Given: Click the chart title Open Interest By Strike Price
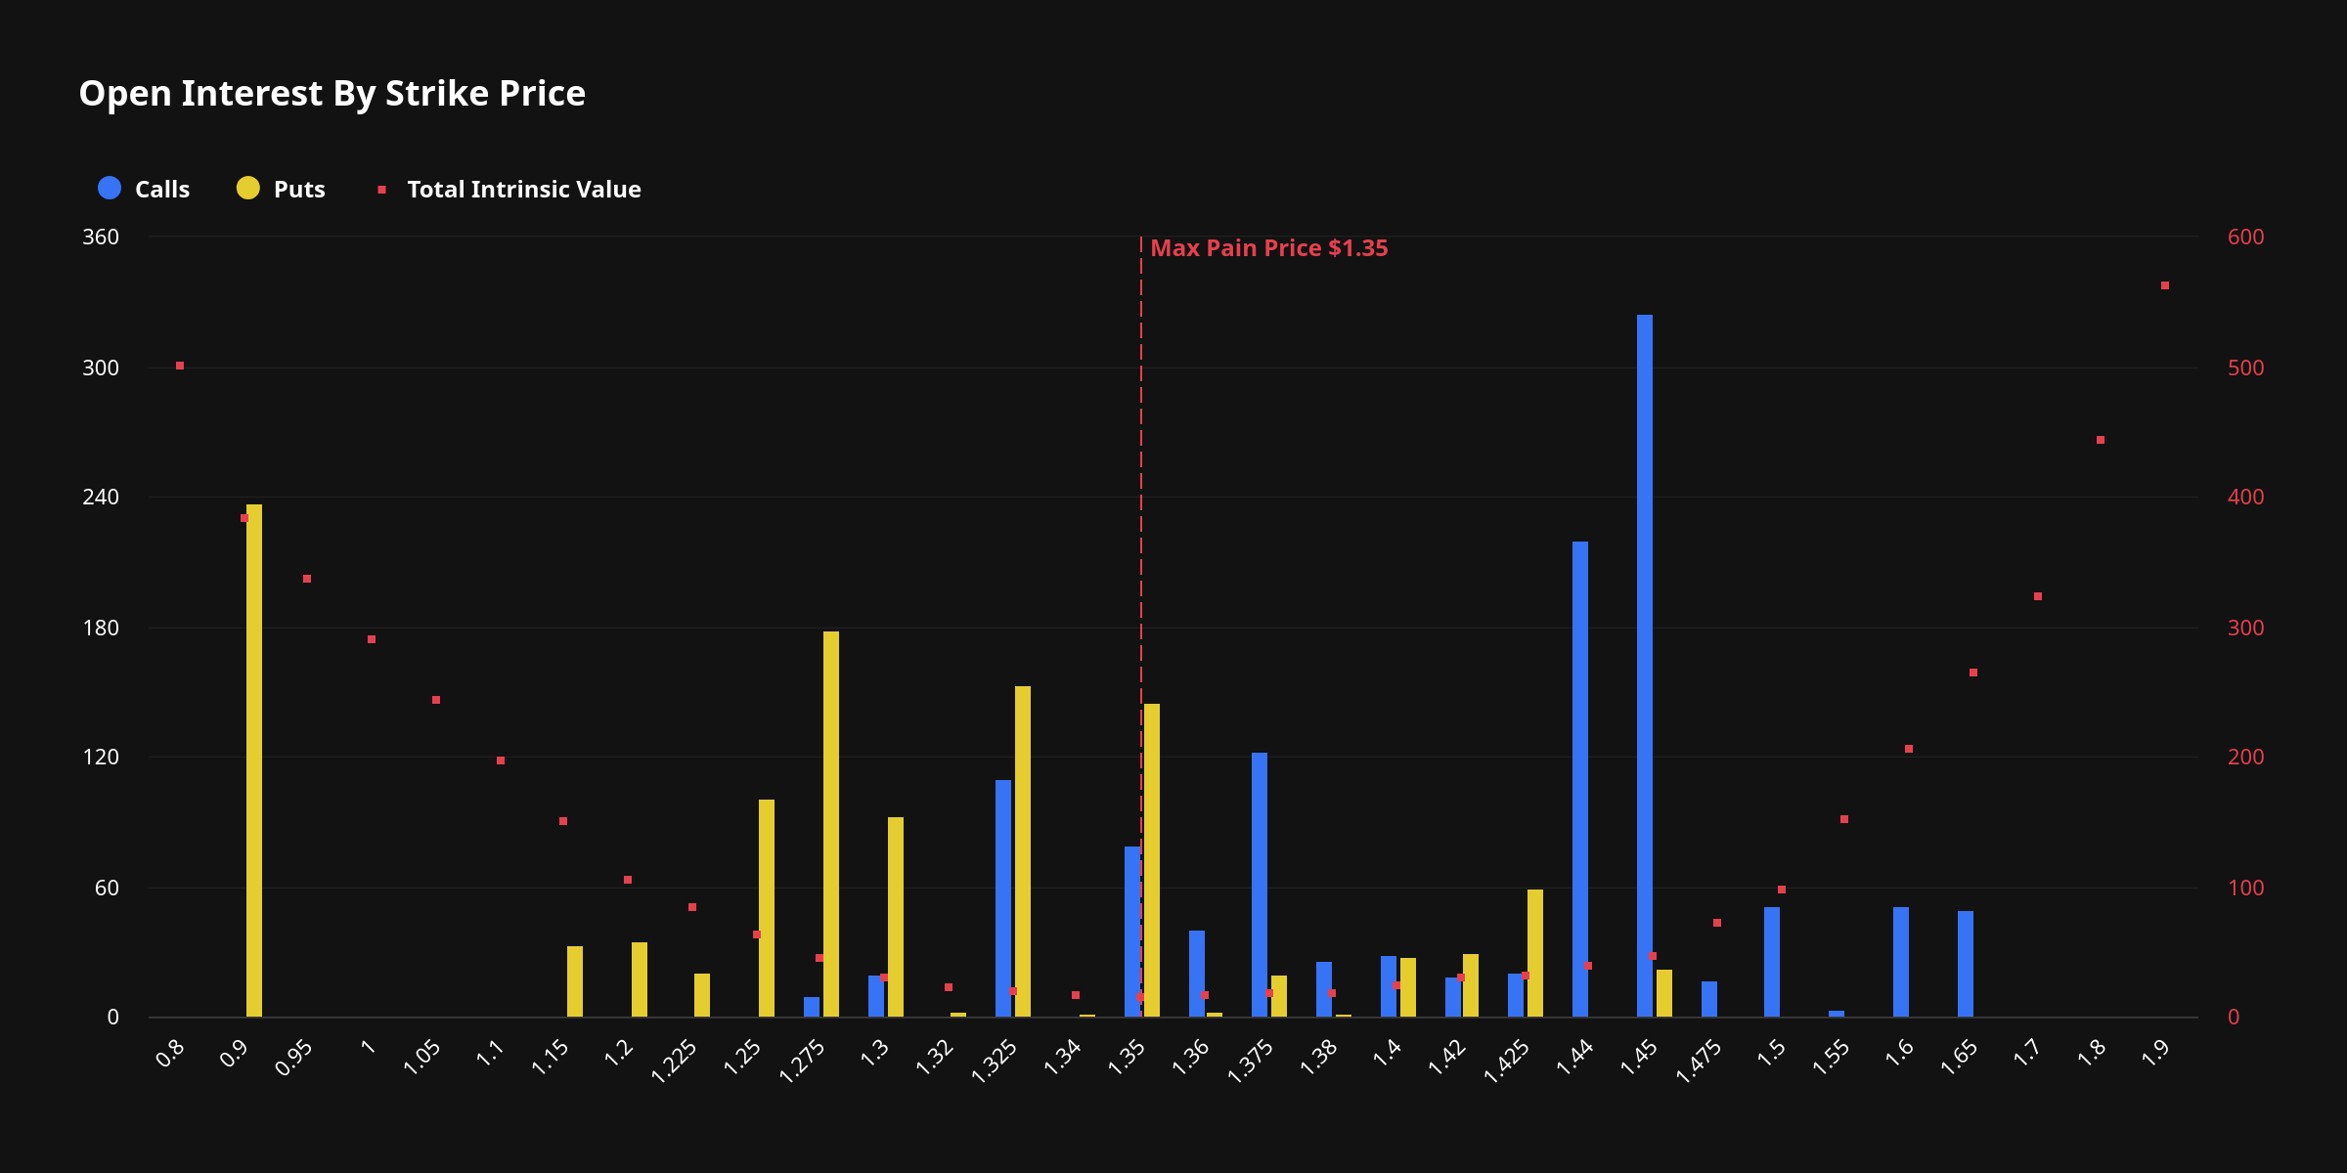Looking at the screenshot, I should click(x=332, y=94).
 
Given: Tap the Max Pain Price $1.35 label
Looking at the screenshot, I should click(x=1268, y=248).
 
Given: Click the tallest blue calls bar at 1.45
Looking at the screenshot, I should click(x=1645, y=665).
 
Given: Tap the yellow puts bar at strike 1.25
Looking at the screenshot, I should click(x=767, y=908).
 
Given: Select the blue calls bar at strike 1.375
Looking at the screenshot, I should click(x=1260, y=885).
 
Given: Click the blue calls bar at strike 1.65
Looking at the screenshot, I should click(x=1966, y=964).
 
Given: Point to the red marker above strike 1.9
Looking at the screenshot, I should click(x=2165, y=285).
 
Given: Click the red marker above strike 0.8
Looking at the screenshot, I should click(x=180, y=366).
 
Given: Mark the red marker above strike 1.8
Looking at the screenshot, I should click(x=2101, y=440).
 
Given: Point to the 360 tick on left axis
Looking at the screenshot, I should click(x=101, y=238).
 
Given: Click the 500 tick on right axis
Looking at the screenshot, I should click(x=2245, y=368).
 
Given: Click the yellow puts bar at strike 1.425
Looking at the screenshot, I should click(x=1535, y=953).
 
